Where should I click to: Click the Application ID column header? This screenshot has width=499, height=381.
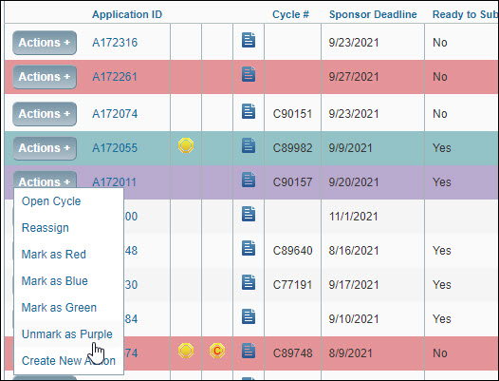pos(127,15)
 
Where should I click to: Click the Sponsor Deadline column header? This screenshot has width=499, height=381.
pos(373,15)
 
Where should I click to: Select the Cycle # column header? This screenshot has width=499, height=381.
pos(292,15)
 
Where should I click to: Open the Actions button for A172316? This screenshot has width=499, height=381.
pos(45,43)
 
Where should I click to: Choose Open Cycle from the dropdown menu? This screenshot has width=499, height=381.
pos(51,201)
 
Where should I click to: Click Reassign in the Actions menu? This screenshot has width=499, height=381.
pos(46,228)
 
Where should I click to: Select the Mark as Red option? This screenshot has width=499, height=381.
pos(54,255)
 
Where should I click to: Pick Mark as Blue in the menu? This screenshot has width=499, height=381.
pos(54,281)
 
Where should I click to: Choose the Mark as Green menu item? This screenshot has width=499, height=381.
pos(59,308)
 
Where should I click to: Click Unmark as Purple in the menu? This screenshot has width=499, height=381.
pos(66,334)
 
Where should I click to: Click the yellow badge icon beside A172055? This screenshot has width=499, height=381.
pos(186,145)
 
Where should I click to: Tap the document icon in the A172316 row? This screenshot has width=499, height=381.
pos(249,40)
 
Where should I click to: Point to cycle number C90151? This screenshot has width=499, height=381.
pos(292,113)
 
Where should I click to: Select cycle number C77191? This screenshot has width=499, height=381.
pos(292,284)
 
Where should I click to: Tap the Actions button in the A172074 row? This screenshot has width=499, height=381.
pos(45,113)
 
